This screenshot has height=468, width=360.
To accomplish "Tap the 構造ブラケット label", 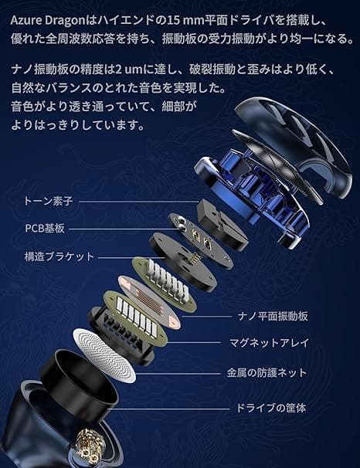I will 59,256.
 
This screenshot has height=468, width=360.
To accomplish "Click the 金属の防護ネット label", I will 267,373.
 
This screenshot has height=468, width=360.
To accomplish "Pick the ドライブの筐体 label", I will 270,407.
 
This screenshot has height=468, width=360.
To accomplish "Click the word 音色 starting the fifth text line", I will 23,104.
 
